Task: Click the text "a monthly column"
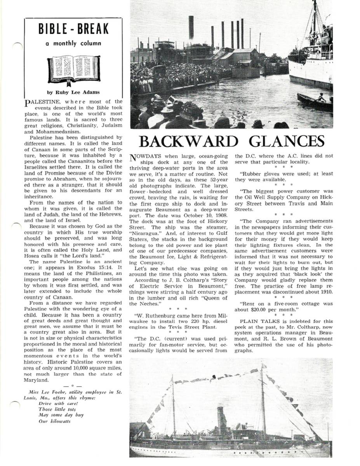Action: point(73,43)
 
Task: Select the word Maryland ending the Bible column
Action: point(36,380)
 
